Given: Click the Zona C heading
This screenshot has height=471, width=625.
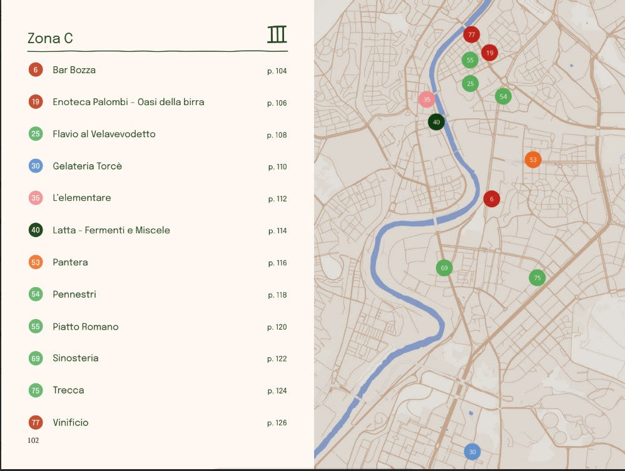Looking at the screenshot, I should coord(50,38).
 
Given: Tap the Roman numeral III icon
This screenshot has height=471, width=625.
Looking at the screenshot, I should coord(277,34).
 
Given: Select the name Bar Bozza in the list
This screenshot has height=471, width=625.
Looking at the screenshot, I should coord(74,70).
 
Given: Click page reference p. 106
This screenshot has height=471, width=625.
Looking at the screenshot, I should coord(277,103).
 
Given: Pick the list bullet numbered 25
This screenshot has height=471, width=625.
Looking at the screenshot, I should coord(36,134).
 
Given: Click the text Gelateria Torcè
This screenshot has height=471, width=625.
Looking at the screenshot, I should coord(87,166).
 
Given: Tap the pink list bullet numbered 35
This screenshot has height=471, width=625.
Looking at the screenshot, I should coord(36,198).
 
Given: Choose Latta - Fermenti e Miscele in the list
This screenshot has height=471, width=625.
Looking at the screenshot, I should coord(111,230).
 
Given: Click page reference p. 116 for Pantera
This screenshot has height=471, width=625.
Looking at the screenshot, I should coord(277,263).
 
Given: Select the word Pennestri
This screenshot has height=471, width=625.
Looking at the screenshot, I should coord(74,295).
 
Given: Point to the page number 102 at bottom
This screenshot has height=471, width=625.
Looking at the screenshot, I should coord(33,440).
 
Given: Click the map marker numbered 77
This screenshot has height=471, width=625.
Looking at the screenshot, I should coord(471,34).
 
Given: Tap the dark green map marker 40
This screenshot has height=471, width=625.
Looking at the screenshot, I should coord(436,122).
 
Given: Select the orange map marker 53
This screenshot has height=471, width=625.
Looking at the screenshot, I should coord(532,160).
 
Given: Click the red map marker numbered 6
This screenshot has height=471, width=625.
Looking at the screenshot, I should coord(492,199).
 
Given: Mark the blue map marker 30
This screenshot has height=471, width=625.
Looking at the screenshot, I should coord(472,452).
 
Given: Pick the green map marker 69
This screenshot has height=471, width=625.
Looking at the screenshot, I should coord(444,268).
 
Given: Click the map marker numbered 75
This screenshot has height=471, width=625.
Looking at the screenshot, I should coord(537,278).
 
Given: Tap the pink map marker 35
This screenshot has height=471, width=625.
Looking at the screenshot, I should coord(426,99).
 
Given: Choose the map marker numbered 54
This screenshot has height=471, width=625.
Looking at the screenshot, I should coord(503,96).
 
